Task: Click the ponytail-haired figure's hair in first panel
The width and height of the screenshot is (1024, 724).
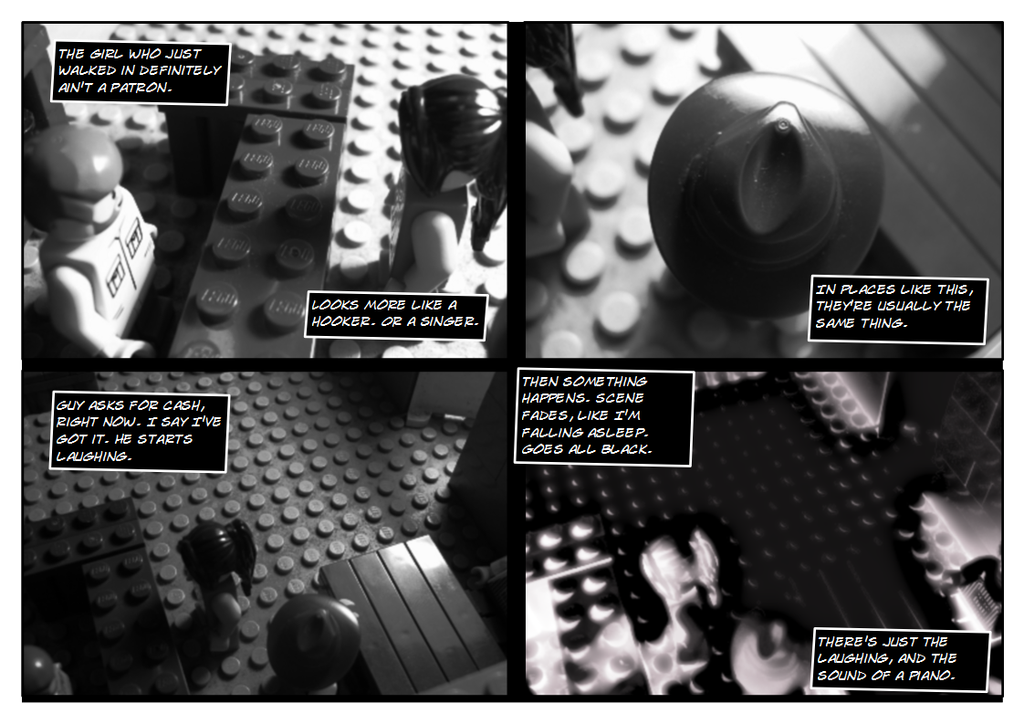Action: pyautogui.click(x=452, y=128)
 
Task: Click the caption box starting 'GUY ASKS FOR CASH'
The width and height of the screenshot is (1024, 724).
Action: pyautogui.click(x=137, y=431)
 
